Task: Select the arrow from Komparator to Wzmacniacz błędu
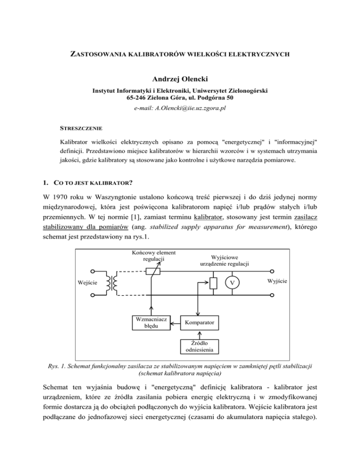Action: pos(174,323)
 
